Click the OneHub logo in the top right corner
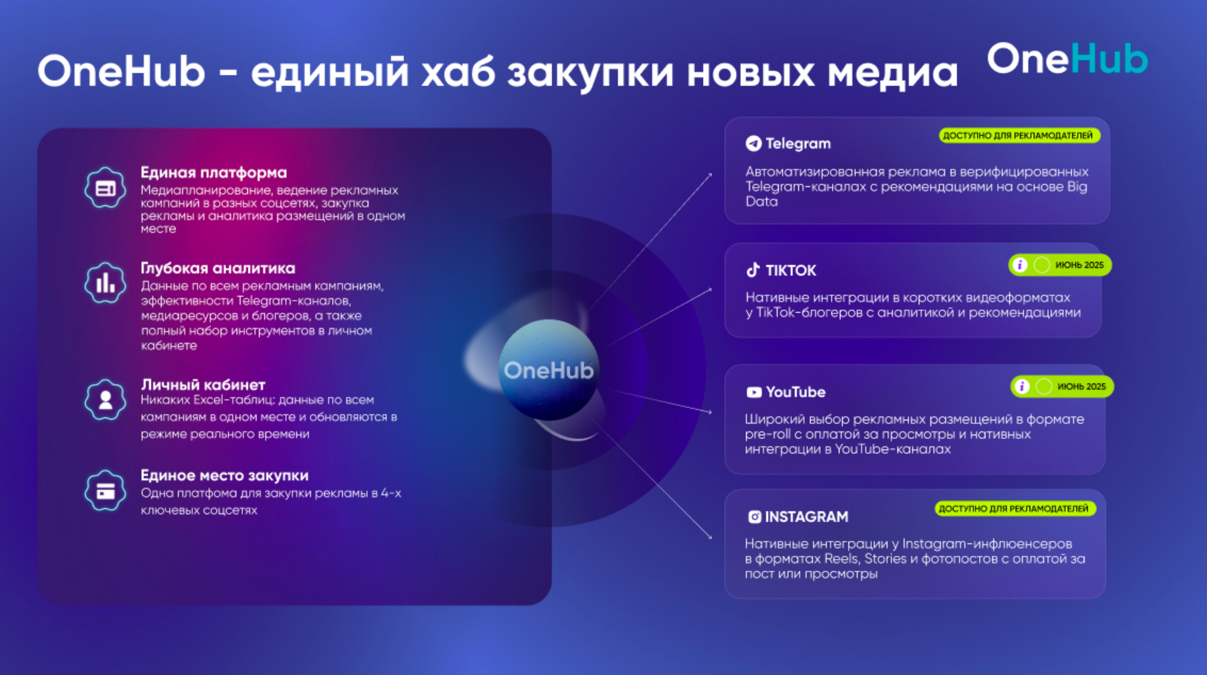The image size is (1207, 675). click(x=1067, y=59)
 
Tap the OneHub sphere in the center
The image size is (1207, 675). click(x=549, y=369)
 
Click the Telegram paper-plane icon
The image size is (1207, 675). click(x=753, y=143)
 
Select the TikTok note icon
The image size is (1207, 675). click(x=753, y=270)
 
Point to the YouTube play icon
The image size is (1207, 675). click(x=754, y=392)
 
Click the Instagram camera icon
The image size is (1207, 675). click(x=754, y=517)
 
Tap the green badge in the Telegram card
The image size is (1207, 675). click(x=1019, y=135)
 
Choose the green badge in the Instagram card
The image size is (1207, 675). click(x=1015, y=508)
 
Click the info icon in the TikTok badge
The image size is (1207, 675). click(x=1020, y=265)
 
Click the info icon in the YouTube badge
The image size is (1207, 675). click(x=1022, y=386)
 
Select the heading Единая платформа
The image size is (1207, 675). click(x=214, y=173)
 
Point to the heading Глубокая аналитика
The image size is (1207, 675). click(x=218, y=268)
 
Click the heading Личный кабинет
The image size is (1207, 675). click(x=203, y=385)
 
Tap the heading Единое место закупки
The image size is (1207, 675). click(x=225, y=475)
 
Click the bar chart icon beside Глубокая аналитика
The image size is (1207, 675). click(x=106, y=283)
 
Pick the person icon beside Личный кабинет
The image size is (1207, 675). click(x=106, y=400)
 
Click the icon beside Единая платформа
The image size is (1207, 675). click(x=106, y=188)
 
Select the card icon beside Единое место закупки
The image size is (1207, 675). click(x=106, y=491)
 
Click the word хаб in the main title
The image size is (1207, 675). click(x=457, y=71)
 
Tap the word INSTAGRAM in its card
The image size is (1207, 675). click(x=807, y=517)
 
